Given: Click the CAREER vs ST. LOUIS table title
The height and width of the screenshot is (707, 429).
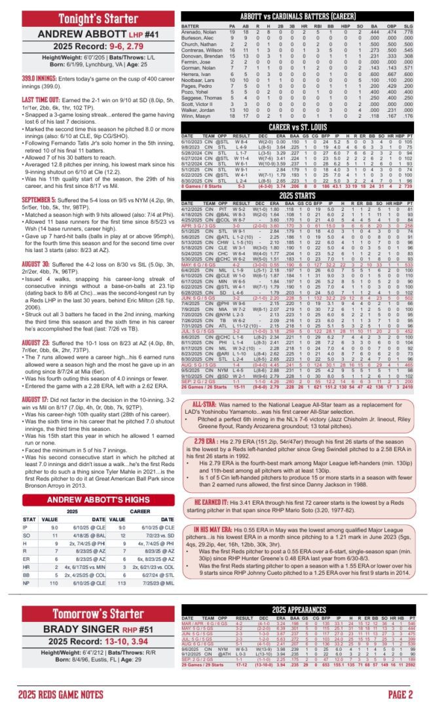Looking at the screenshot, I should pos(301,126).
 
